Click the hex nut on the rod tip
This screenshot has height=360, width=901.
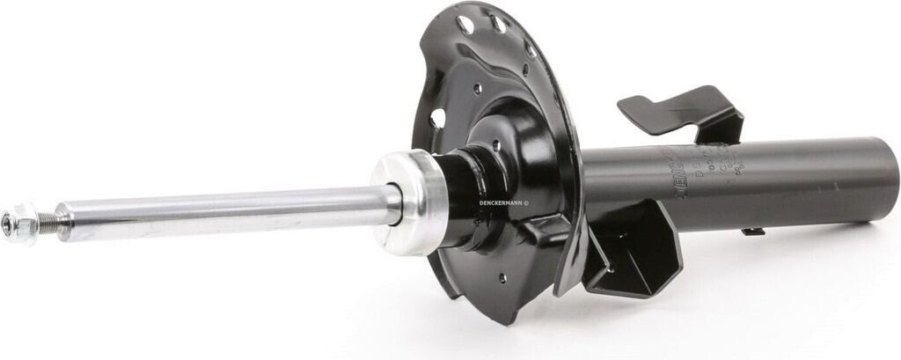19,223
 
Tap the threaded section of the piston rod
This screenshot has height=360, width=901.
46,223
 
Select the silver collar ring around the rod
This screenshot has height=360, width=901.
410,202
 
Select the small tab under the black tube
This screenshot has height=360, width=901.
752,231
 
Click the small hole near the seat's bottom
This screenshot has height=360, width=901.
502,279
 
